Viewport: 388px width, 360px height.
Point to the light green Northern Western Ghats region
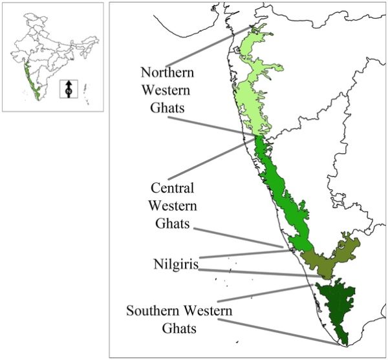coord(256,78)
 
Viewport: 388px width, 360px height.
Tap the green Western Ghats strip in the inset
coord(32,78)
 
